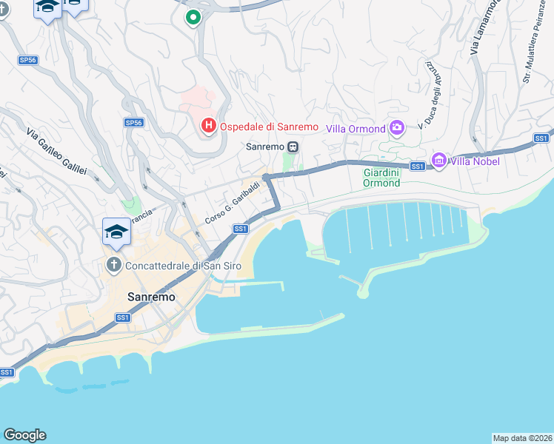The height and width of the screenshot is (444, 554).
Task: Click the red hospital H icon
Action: (209, 126)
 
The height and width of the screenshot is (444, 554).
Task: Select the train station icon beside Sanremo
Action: (293, 147)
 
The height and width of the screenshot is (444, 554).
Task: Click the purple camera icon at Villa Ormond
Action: (397, 129)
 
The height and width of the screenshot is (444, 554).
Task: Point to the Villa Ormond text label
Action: (356, 129)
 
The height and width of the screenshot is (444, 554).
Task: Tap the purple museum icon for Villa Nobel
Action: (439, 161)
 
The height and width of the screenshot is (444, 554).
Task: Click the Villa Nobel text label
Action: (475, 161)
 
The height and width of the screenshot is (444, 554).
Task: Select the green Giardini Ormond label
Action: (382, 178)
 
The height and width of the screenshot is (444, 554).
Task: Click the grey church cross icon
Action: (114, 264)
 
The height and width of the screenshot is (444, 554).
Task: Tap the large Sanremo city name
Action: (151, 297)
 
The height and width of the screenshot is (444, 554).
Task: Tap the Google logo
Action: (24, 435)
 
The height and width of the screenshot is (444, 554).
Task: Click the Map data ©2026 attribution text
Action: (522, 438)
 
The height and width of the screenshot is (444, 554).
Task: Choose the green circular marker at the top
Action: (193, 17)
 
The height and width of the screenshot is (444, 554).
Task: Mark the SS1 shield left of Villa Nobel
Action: (418, 166)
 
